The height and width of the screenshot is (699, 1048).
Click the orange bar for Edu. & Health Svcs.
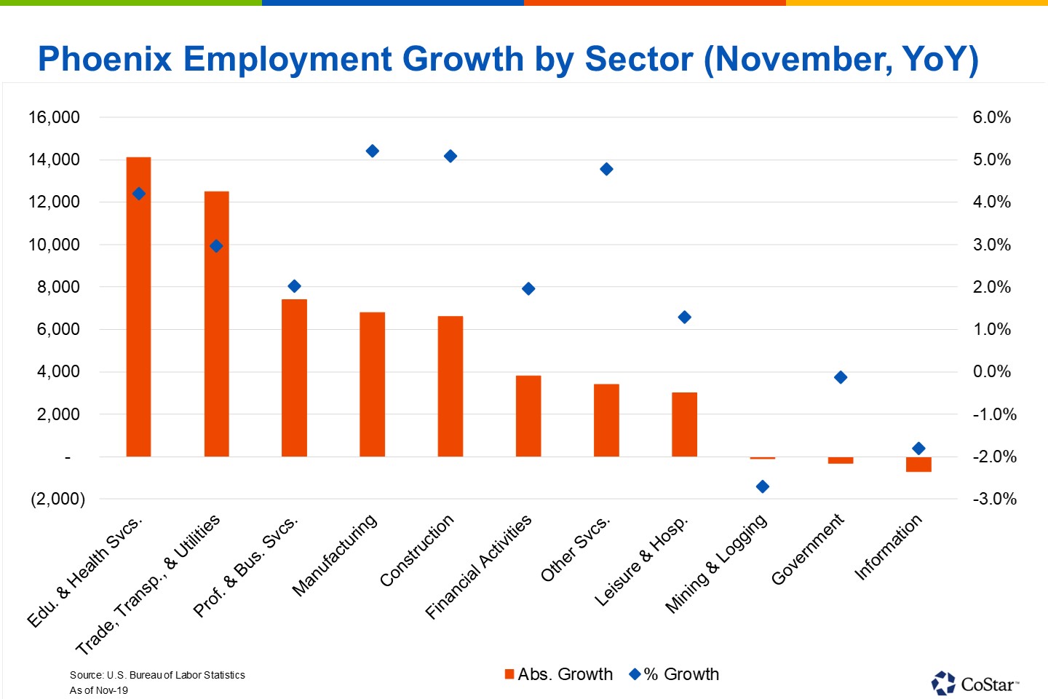(x=138, y=306)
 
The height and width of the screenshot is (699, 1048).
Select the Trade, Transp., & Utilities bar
(x=216, y=324)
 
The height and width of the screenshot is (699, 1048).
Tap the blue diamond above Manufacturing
(x=372, y=151)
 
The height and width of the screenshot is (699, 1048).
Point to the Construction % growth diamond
(x=450, y=156)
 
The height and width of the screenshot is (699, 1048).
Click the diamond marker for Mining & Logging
(x=762, y=486)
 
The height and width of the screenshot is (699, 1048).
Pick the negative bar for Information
(x=918, y=465)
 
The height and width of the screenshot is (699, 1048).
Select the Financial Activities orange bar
(x=528, y=416)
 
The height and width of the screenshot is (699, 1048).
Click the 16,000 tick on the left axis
(x=54, y=117)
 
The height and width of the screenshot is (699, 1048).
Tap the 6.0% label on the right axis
(x=991, y=117)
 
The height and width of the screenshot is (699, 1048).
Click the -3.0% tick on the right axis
(x=994, y=499)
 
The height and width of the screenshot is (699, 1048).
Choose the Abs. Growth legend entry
(x=559, y=674)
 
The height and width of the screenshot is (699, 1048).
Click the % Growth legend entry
(x=675, y=674)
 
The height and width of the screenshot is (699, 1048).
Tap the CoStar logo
(x=975, y=683)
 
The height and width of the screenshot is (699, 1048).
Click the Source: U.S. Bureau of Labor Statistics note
(x=157, y=675)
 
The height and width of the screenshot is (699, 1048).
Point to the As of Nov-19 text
(x=98, y=690)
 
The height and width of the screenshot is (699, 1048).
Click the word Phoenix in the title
(x=105, y=59)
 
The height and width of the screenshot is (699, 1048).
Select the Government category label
(x=808, y=550)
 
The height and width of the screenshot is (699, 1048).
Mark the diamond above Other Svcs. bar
(x=606, y=169)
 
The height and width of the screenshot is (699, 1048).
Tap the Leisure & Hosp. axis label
(x=641, y=561)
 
